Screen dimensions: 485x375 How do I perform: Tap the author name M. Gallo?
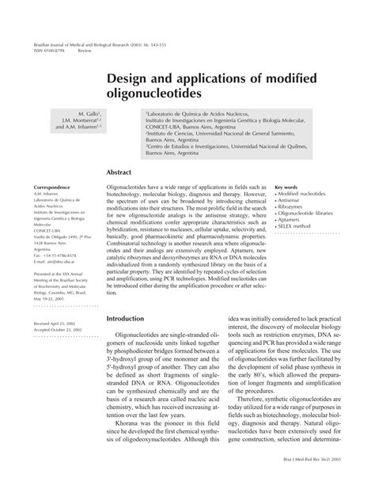pyautogui.click(x=84, y=114)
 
